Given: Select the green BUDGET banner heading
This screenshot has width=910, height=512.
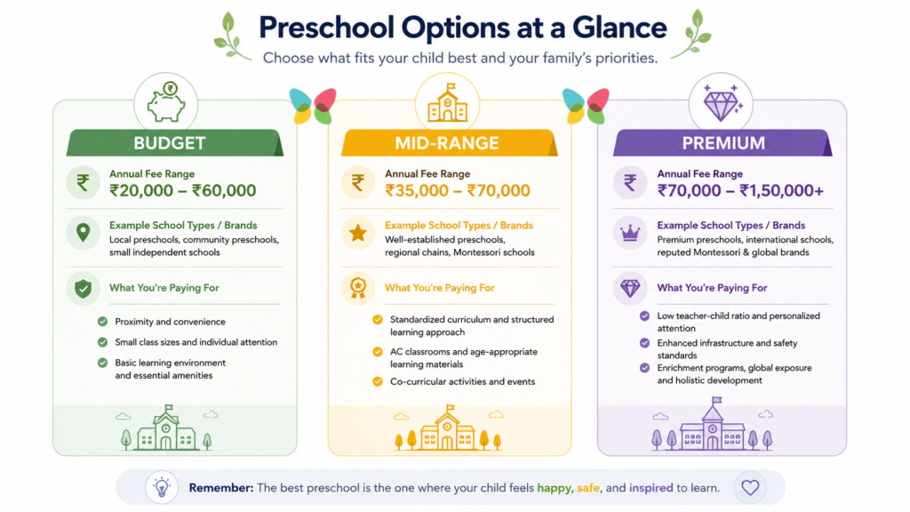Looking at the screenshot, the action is [170, 143].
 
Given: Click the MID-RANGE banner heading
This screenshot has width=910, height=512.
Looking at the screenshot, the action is [447, 143].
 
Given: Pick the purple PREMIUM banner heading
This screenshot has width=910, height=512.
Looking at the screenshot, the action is [723, 143].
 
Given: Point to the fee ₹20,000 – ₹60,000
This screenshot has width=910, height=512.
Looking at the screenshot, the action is [183, 190].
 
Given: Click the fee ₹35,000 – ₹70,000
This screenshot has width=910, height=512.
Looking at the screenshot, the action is [458, 190].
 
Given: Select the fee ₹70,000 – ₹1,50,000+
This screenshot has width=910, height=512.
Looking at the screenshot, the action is [740, 190].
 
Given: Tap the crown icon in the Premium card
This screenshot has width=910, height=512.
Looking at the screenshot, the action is [630, 234].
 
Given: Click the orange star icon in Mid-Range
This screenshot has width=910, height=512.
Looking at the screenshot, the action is [358, 234].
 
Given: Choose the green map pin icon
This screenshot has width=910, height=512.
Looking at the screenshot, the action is [83, 233].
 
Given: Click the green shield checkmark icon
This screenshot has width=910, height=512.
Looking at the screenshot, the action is [83, 289].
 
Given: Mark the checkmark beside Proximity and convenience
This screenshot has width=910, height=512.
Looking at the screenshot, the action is [103, 322].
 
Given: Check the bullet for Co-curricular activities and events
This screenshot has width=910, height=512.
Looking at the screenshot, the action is [378, 381].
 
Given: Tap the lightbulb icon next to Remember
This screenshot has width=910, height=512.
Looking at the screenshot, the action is [162, 487].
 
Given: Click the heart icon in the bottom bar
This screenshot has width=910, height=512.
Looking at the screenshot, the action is [750, 488].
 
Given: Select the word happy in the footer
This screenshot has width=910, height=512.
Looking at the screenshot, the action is [555, 488].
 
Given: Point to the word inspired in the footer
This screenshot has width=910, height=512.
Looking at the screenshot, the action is [651, 488].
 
